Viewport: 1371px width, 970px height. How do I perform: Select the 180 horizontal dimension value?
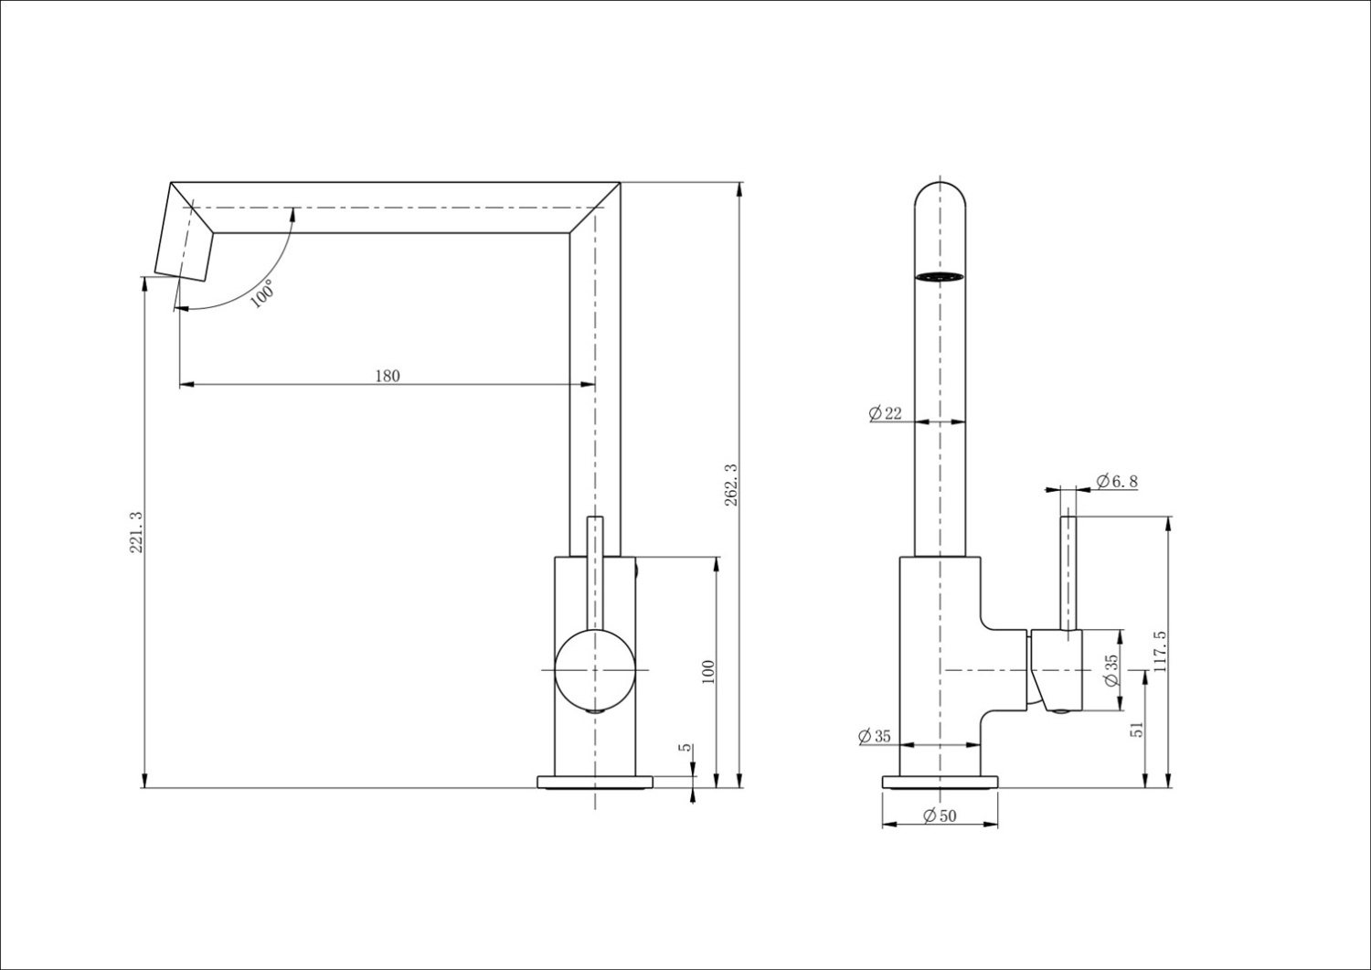click(387, 375)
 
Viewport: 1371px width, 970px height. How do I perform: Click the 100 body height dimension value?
click(707, 672)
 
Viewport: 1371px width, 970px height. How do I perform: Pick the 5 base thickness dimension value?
click(685, 748)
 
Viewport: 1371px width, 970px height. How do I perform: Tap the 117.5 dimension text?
click(1160, 652)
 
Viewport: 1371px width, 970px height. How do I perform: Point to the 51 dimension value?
click(1136, 729)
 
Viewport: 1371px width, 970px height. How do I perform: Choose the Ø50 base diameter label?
click(940, 815)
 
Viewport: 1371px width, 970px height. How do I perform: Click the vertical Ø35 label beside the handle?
click(1111, 670)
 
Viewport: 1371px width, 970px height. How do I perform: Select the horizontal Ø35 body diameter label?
click(875, 736)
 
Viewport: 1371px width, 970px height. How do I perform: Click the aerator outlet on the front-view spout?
click(940, 276)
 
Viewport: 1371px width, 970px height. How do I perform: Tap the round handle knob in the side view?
click(595, 669)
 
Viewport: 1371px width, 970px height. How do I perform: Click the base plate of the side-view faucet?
click(595, 782)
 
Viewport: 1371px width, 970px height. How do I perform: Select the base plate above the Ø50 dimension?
click(940, 782)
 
